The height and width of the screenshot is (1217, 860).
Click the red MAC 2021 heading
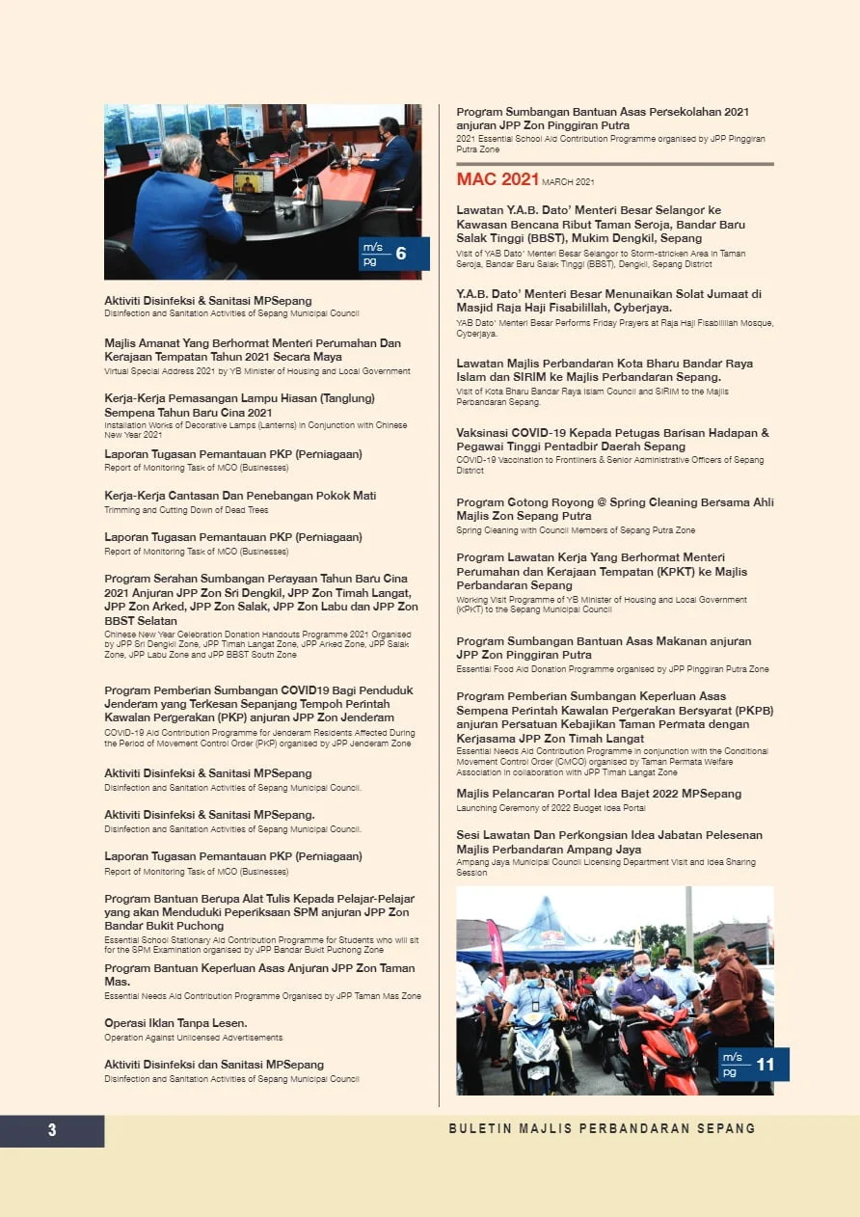[x=497, y=179]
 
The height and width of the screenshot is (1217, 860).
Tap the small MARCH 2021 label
[x=568, y=182]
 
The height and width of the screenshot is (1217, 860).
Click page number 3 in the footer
[x=52, y=1130]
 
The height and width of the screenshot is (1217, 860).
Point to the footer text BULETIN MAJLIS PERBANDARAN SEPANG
[x=602, y=1128]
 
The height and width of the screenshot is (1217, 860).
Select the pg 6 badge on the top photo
[x=393, y=254]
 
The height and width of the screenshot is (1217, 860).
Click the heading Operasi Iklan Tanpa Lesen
[x=175, y=1022]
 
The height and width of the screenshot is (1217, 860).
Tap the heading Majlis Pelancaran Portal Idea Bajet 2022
[x=599, y=794]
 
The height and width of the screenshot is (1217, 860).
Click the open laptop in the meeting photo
[x=254, y=188]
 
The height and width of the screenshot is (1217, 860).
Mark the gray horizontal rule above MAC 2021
[x=614, y=164]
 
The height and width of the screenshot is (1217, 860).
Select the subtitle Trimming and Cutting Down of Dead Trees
[x=186, y=510]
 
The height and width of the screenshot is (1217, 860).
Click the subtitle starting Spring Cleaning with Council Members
[x=576, y=530]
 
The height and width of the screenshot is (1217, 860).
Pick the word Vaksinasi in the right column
[x=481, y=433]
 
